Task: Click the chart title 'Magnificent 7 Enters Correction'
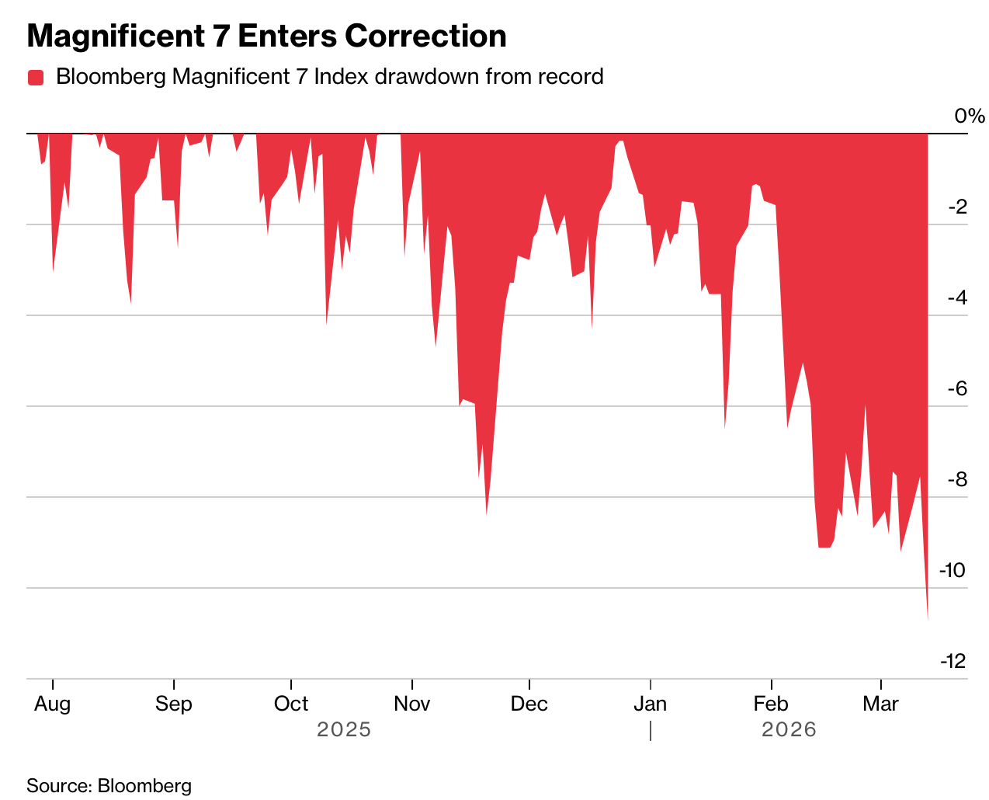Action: (x=266, y=37)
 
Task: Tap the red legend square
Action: (x=36, y=78)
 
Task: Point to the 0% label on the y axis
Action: (x=969, y=117)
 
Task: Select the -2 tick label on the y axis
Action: (x=956, y=207)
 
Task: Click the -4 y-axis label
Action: (x=956, y=298)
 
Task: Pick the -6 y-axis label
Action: (x=956, y=389)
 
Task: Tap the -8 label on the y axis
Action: (x=956, y=480)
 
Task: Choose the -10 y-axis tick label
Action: (x=953, y=571)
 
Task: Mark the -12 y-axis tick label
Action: (x=953, y=662)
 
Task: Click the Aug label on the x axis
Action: (x=53, y=704)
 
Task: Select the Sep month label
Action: (x=174, y=704)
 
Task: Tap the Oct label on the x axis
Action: (x=291, y=704)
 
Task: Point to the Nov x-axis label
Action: (x=412, y=704)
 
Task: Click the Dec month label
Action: (x=529, y=704)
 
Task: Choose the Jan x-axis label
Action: (x=650, y=704)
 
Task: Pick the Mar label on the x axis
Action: (x=881, y=704)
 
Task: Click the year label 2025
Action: (x=344, y=730)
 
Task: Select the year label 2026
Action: (x=789, y=730)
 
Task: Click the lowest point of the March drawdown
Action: (x=928, y=619)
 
